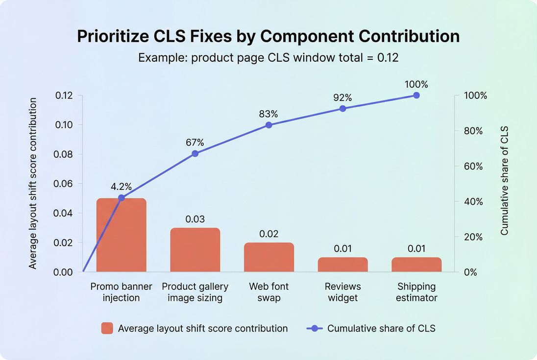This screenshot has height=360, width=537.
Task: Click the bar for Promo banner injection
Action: pyautogui.click(x=121, y=235)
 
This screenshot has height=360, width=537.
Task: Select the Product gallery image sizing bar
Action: pyautogui.click(x=195, y=250)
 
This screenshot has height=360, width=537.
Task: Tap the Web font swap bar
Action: pyautogui.click(x=269, y=257)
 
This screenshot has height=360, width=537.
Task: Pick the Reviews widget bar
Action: pyautogui.click(x=342, y=264)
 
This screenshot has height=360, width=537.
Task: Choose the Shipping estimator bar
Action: pyautogui.click(x=416, y=264)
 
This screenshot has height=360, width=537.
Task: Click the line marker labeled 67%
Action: pyautogui.click(x=195, y=153)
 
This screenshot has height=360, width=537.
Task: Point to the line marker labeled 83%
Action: pyautogui.click(x=269, y=125)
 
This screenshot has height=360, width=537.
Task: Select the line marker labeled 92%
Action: pyautogui.click(x=342, y=108)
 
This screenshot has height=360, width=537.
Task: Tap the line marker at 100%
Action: pyautogui.click(x=416, y=95)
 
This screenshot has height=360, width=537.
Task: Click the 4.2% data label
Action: pyautogui.click(x=121, y=187)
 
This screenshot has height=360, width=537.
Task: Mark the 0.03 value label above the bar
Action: pyautogui.click(x=195, y=219)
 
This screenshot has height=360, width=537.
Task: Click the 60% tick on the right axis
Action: pyautogui.click(x=473, y=167)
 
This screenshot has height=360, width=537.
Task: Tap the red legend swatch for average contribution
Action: pyautogui.click(x=107, y=328)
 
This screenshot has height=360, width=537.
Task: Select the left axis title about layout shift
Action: pyautogui.click(x=33, y=183)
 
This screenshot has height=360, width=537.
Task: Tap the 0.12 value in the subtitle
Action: pyautogui.click(x=388, y=57)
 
